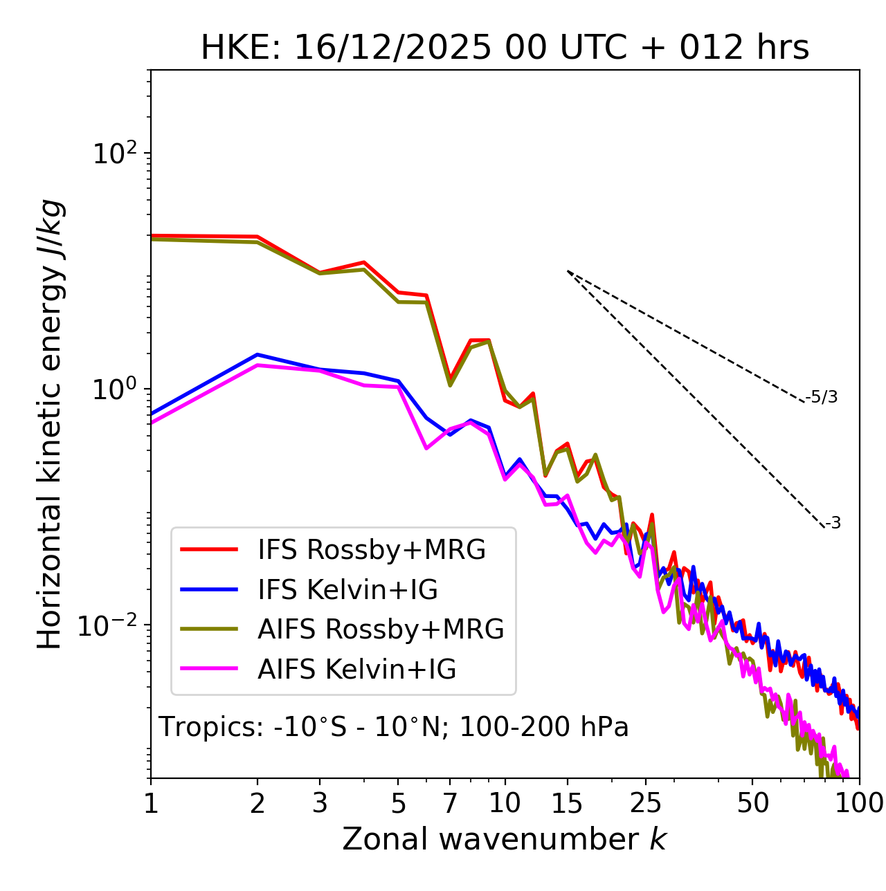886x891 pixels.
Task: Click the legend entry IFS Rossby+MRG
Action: [x=371, y=550]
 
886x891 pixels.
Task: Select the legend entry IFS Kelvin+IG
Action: [x=347, y=590]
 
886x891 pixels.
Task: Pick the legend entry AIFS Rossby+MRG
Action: [x=380, y=630]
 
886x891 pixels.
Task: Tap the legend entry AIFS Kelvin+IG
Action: [x=356, y=670]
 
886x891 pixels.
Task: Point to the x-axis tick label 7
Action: [x=450, y=803]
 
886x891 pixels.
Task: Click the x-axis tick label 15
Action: [x=567, y=803]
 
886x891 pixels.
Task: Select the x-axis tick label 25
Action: [x=646, y=803]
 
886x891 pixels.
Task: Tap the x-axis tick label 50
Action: [x=752, y=803]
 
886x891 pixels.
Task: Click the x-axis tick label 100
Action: [x=859, y=803]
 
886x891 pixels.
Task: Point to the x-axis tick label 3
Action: [x=320, y=803]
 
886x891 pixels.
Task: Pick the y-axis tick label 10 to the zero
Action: [x=116, y=389]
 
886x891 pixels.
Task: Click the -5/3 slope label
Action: [x=822, y=397]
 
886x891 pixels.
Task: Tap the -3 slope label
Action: [x=833, y=524]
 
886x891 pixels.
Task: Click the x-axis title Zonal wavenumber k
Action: [x=505, y=840]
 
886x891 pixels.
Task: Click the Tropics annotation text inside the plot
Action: [x=393, y=727]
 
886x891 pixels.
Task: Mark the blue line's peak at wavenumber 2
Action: [x=257, y=355]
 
